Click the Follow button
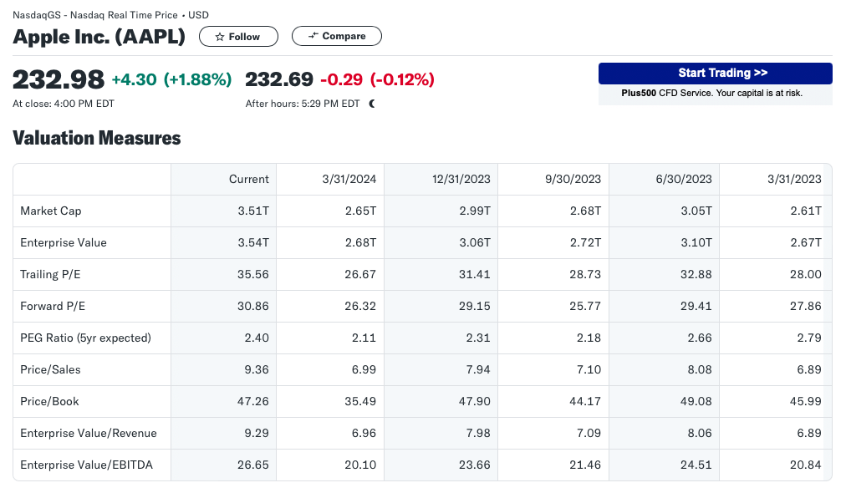[238, 36]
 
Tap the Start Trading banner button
[715, 74]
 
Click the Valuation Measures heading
[97, 138]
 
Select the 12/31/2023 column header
[461, 179]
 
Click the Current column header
[249, 179]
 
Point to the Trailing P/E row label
[50, 275]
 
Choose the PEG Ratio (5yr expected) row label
[85, 338]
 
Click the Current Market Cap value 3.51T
[253, 211]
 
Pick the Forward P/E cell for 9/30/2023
[585, 307]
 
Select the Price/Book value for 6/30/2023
[696, 401]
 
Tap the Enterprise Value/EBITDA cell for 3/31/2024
[360, 465]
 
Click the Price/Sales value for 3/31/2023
[808, 369]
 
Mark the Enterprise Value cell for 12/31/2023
[475, 242]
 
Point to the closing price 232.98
[59, 80]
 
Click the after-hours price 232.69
[279, 80]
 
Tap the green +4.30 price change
[134, 80]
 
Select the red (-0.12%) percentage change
[402, 80]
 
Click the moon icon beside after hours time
[372, 104]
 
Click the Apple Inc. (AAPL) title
[99, 37]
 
